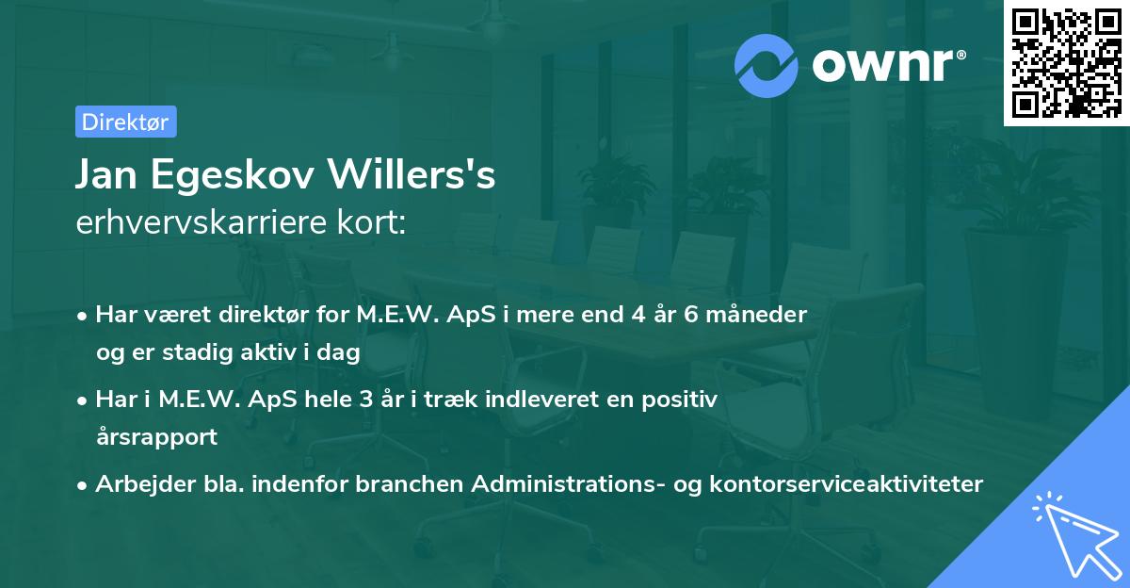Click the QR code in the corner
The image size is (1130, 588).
(x=1066, y=62)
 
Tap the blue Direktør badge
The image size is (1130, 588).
(x=125, y=122)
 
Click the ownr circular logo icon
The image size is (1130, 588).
(x=767, y=64)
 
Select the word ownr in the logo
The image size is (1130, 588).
(x=886, y=65)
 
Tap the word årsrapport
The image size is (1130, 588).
(x=156, y=436)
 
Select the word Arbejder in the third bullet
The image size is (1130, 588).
(x=137, y=484)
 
